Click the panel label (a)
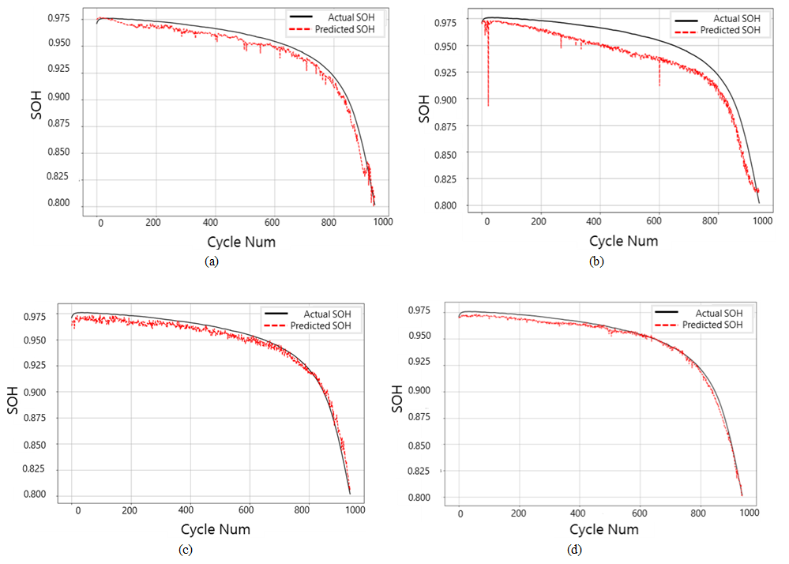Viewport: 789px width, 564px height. pos(211,261)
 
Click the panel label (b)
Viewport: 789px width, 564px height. pos(596,261)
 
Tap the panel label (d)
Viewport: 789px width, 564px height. pos(574,550)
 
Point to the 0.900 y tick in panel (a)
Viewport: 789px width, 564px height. pos(67,99)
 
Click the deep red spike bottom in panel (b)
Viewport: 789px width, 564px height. pos(488,105)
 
